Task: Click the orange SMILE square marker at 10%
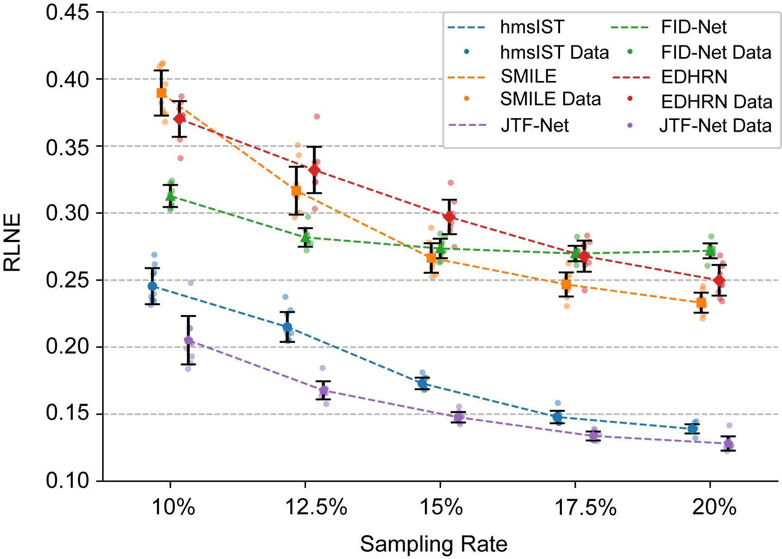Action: (x=161, y=93)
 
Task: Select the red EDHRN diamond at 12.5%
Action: (x=314, y=170)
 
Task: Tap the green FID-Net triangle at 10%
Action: (x=170, y=196)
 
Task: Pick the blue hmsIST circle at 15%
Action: (x=422, y=383)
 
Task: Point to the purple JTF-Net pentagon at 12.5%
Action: (x=324, y=390)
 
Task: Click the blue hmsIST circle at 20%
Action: (x=692, y=428)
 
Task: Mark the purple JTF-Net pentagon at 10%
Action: (x=188, y=340)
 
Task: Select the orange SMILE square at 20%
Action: (x=701, y=302)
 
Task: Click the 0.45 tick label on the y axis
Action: (x=67, y=12)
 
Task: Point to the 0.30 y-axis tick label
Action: (x=67, y=213)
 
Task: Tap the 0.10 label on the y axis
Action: (x=67, y=480)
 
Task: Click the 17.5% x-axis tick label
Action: (x=585, y=507)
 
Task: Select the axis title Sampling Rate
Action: (x=433, y=544)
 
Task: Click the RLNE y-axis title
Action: (x=12, y=243)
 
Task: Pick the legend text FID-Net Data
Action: (x=716, y=53)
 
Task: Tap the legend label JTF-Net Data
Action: (x=715, y=125)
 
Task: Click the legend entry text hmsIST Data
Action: (x=554, y=53)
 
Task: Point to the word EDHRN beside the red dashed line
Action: (x=694, y=77)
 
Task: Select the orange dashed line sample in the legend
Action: (x=466, y=77)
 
